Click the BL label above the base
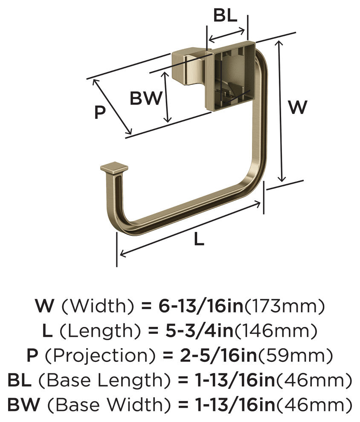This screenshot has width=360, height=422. coord(225,15)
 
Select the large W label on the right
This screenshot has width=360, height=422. coord(297,107)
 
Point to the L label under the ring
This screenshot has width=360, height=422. coord(199,239)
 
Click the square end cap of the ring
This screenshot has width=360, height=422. coord(114,168)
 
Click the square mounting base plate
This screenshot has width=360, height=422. coord(231,75)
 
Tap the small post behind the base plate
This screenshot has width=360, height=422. coord(189,66)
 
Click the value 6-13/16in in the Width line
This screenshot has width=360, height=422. coord(201,306)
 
